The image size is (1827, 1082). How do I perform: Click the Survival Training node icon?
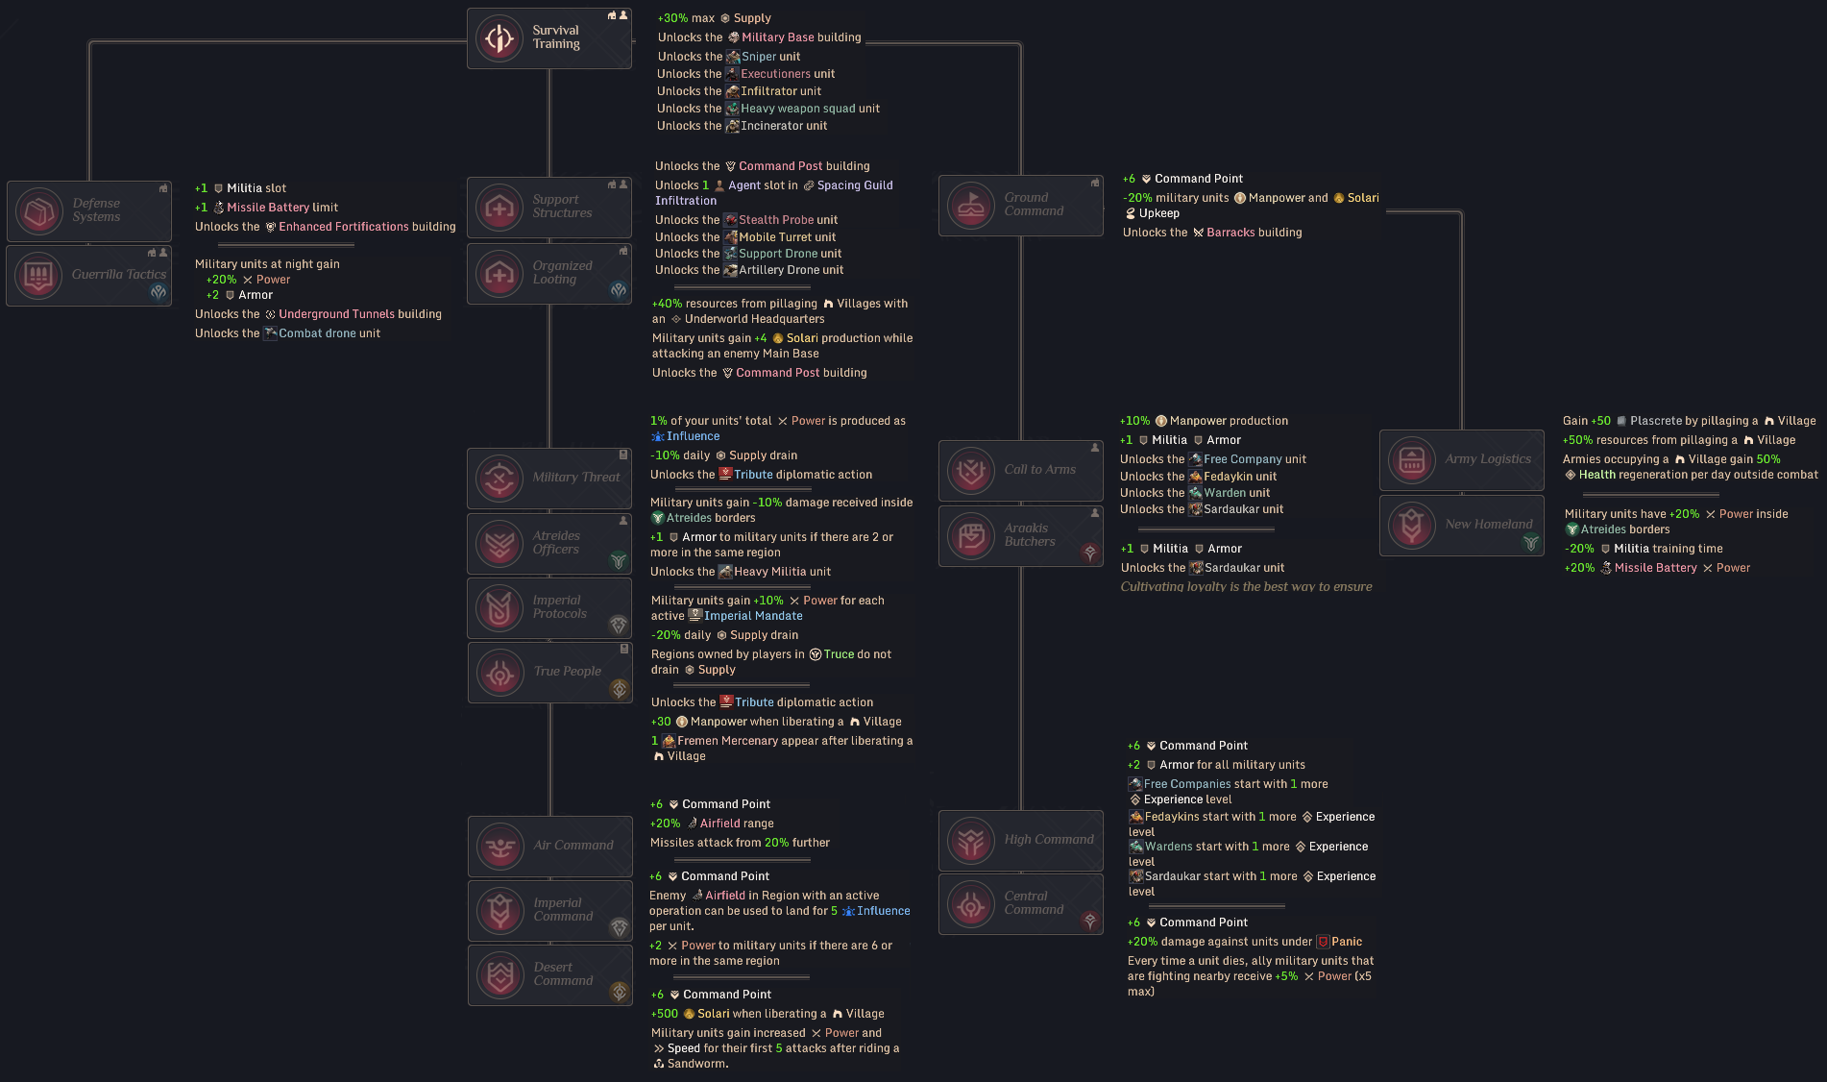click(499, 38)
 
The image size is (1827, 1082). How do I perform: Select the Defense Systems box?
click(89, 210)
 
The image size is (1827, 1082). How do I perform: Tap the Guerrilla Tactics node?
click(89, 276)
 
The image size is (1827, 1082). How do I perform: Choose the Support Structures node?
click(549, 207)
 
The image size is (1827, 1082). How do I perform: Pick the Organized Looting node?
click(549, 273)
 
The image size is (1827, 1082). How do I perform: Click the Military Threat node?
click(549, 478)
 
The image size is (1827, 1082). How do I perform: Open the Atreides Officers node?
click(549, 543)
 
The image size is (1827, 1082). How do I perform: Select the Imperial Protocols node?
click(549, 607)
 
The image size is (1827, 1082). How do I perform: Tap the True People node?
click(549, 672)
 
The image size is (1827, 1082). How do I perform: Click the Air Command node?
click(550, 846)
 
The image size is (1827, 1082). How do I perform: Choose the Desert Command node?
click(550, 974)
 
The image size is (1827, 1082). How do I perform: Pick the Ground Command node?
click(1020, 205)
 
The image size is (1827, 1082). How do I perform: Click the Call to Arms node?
click(1020, 470)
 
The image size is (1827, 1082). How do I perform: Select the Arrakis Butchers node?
click(1020, 535)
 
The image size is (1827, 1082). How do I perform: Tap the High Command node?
click(1020, 840)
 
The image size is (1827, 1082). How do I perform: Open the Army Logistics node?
click(1462, 459)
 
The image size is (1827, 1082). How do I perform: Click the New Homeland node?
click(1462, 525)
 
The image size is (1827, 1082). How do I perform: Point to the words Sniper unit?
click(770, 57)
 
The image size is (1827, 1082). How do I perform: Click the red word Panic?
click(1347, 942)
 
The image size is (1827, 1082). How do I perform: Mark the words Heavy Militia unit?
click(782, 572)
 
